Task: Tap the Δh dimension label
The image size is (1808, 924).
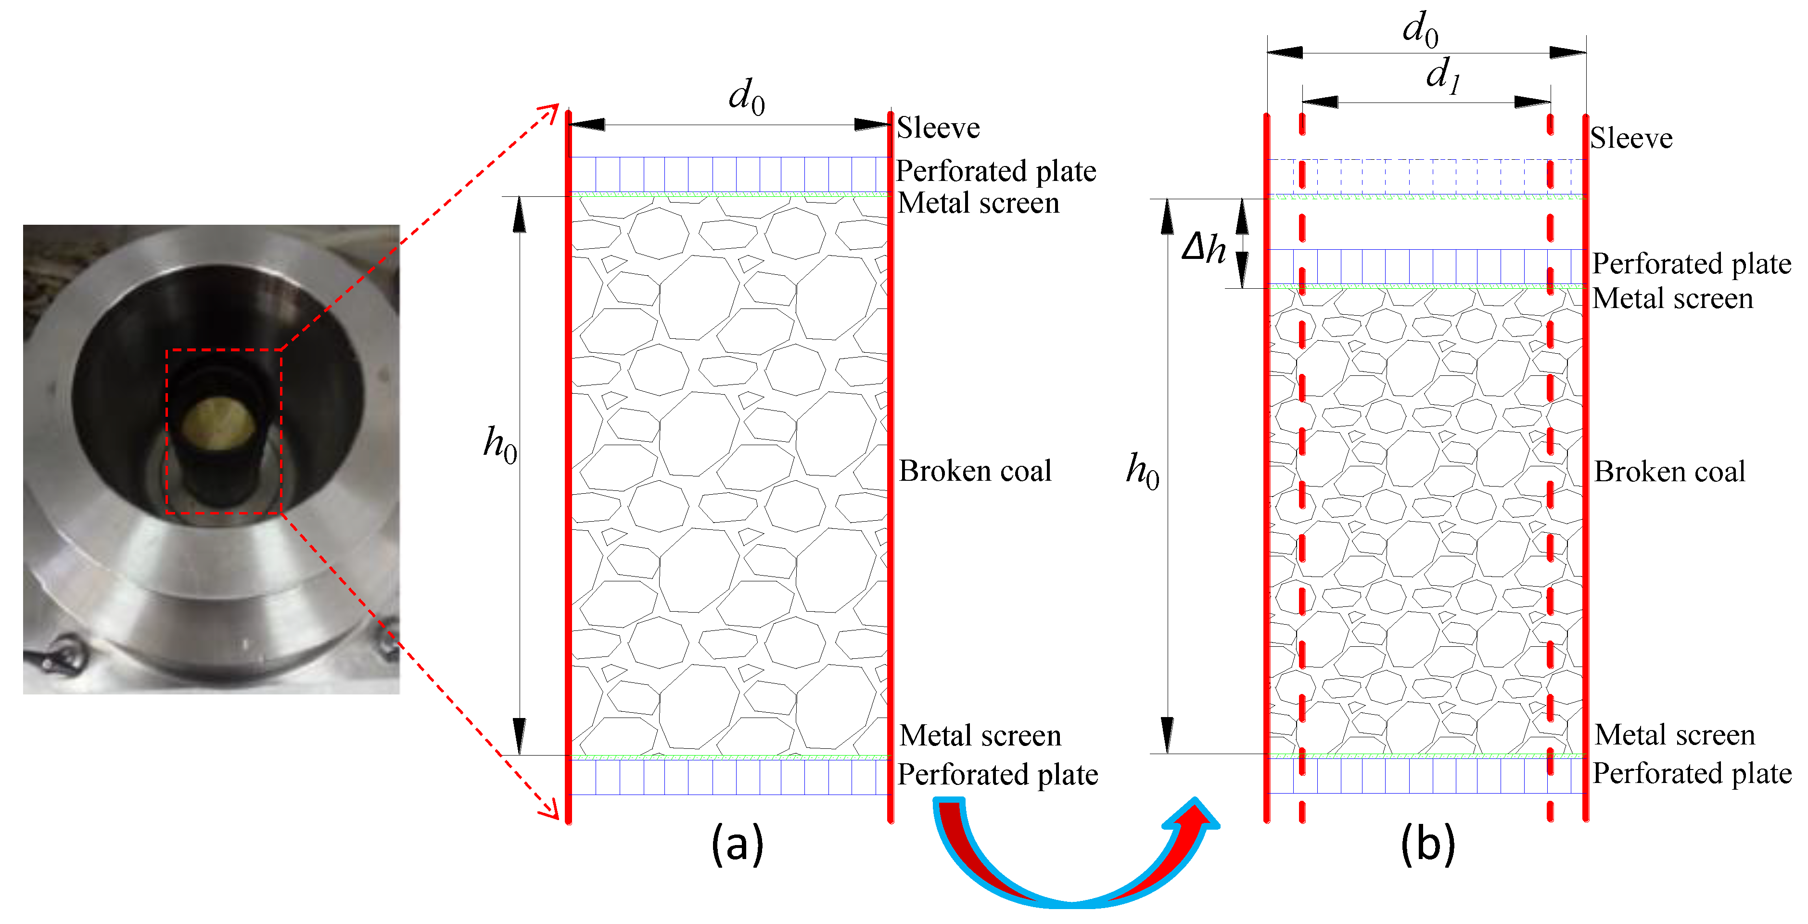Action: (x=1204, y=247)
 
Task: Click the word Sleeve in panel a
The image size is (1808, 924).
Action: (x=938, y=128)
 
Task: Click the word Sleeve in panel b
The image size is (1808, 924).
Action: (x=1631, y=138)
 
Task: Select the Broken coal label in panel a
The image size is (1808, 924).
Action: (x=975, y=471)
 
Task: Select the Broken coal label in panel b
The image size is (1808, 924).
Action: (x=1669, y=472)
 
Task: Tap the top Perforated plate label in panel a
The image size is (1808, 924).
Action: (x=996, y=171)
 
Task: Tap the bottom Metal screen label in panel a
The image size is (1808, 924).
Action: (x=980, y=736)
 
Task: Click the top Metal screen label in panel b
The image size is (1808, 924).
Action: (x=1672, y=298)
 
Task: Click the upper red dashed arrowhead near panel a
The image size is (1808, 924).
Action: (x=549, y=112)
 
